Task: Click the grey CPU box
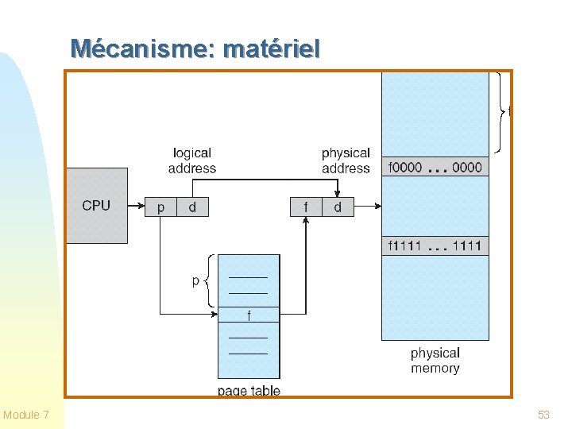(97, 206)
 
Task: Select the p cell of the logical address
(160, 207)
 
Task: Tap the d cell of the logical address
(192, 207)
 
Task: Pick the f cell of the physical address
(306, 207)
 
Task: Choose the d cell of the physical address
(338, 207)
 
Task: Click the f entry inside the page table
(249, 315)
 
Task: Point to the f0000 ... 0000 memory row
(435, 167)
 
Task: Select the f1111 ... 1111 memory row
(435, 245)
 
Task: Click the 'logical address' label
(192, 160)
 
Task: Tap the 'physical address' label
(346, 160)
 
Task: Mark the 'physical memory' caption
(435, 361)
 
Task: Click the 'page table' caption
(249, 391)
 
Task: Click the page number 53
(543, 415)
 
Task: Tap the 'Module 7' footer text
(25, 415)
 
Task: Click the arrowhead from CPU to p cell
(141, 206)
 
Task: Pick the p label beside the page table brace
(196, 281)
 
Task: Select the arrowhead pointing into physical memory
(378, 206)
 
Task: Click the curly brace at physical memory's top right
(500, 112)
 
